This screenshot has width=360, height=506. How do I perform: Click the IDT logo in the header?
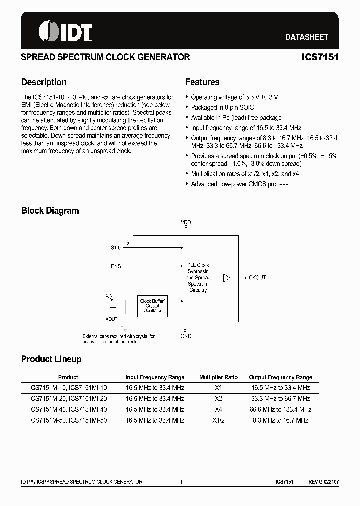tap(65, 31)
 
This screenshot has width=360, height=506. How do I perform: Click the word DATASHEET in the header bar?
tap(306, 37)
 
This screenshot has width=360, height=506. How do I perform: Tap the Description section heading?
tap(44, 82)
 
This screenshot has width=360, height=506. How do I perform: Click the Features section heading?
tap(202, 82)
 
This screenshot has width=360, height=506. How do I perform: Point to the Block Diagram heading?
tap(50, 211)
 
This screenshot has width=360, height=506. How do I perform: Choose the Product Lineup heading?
tap(51, 359)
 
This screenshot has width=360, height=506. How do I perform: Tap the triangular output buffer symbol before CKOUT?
tap(226, 277)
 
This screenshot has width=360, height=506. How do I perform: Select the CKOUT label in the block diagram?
tap(257, 277)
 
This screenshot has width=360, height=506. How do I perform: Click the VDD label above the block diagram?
tap(186, 222)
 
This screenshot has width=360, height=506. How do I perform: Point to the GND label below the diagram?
tap(186, 336)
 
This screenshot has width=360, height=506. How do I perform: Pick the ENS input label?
tap(115, 266)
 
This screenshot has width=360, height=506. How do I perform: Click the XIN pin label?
tap(110, 296)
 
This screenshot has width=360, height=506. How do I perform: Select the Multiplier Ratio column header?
tap(218, 377)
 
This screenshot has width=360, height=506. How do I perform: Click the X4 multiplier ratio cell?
tap(218, 409)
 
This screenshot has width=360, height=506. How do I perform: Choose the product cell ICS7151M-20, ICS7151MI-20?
tap(68, 399)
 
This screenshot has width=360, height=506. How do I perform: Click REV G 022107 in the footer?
tap(323, 482)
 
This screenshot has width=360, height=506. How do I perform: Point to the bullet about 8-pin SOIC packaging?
tap(222, 108)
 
